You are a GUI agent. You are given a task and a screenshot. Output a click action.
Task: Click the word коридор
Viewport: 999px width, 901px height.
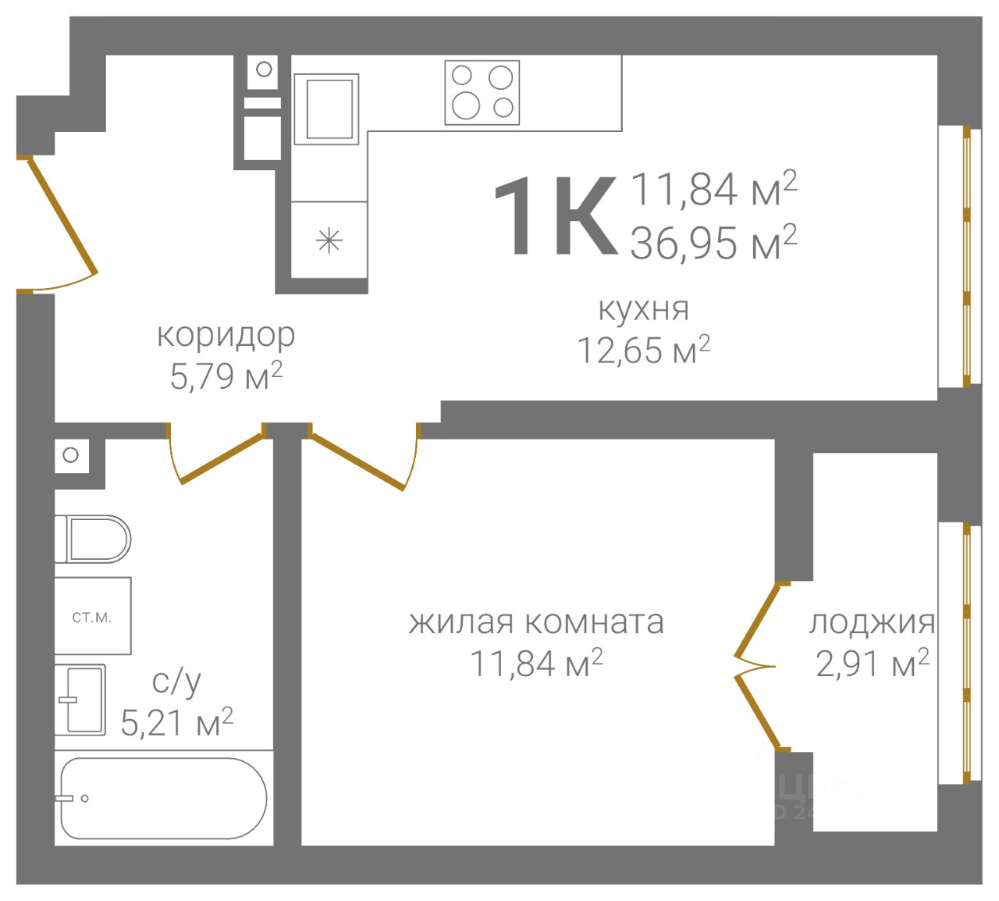[x=226, y=336]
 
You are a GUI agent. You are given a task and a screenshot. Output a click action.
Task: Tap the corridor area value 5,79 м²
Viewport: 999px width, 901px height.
[x=226, y=376]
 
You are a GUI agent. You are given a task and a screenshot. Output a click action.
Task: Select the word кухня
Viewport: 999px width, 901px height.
[x=643, y=309]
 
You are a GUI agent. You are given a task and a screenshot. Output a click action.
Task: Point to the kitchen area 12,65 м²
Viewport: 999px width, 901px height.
[x=643, y=349]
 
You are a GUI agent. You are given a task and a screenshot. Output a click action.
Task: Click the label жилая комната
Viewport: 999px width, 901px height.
[x=536, y=622]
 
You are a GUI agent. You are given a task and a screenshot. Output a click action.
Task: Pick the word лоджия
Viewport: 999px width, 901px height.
[x=872, y=623]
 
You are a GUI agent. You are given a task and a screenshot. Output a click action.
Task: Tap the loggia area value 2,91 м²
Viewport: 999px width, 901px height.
[x=873, y=664]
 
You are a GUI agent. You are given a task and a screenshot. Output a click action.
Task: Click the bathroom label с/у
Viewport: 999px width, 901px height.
[x=177, y=682]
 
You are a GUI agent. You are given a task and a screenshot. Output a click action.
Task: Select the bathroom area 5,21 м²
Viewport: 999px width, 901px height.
[x=177, y=722]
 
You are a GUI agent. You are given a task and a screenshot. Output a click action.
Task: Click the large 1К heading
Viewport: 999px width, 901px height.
[x=556, y=216]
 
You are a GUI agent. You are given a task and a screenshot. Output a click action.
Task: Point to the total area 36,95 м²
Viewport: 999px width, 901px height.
[x=713, y=243]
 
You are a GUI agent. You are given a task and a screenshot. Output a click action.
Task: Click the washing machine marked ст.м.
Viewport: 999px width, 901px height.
[x=93, y=616]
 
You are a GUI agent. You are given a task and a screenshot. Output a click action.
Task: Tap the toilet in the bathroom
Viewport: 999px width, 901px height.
[x=93, y=540]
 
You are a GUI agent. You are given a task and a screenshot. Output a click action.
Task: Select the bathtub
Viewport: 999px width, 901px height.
[x=164, y=799]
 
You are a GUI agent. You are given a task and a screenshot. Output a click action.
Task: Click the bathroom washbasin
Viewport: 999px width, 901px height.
[x=80, y=700]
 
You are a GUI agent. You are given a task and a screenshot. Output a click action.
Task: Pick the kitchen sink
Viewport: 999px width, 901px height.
[x=327, y=109]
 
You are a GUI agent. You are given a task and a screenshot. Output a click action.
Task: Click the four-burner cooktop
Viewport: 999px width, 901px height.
[x=482, y=93]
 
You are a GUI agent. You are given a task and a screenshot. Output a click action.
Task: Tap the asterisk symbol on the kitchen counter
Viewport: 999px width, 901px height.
[x=329, y=241]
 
